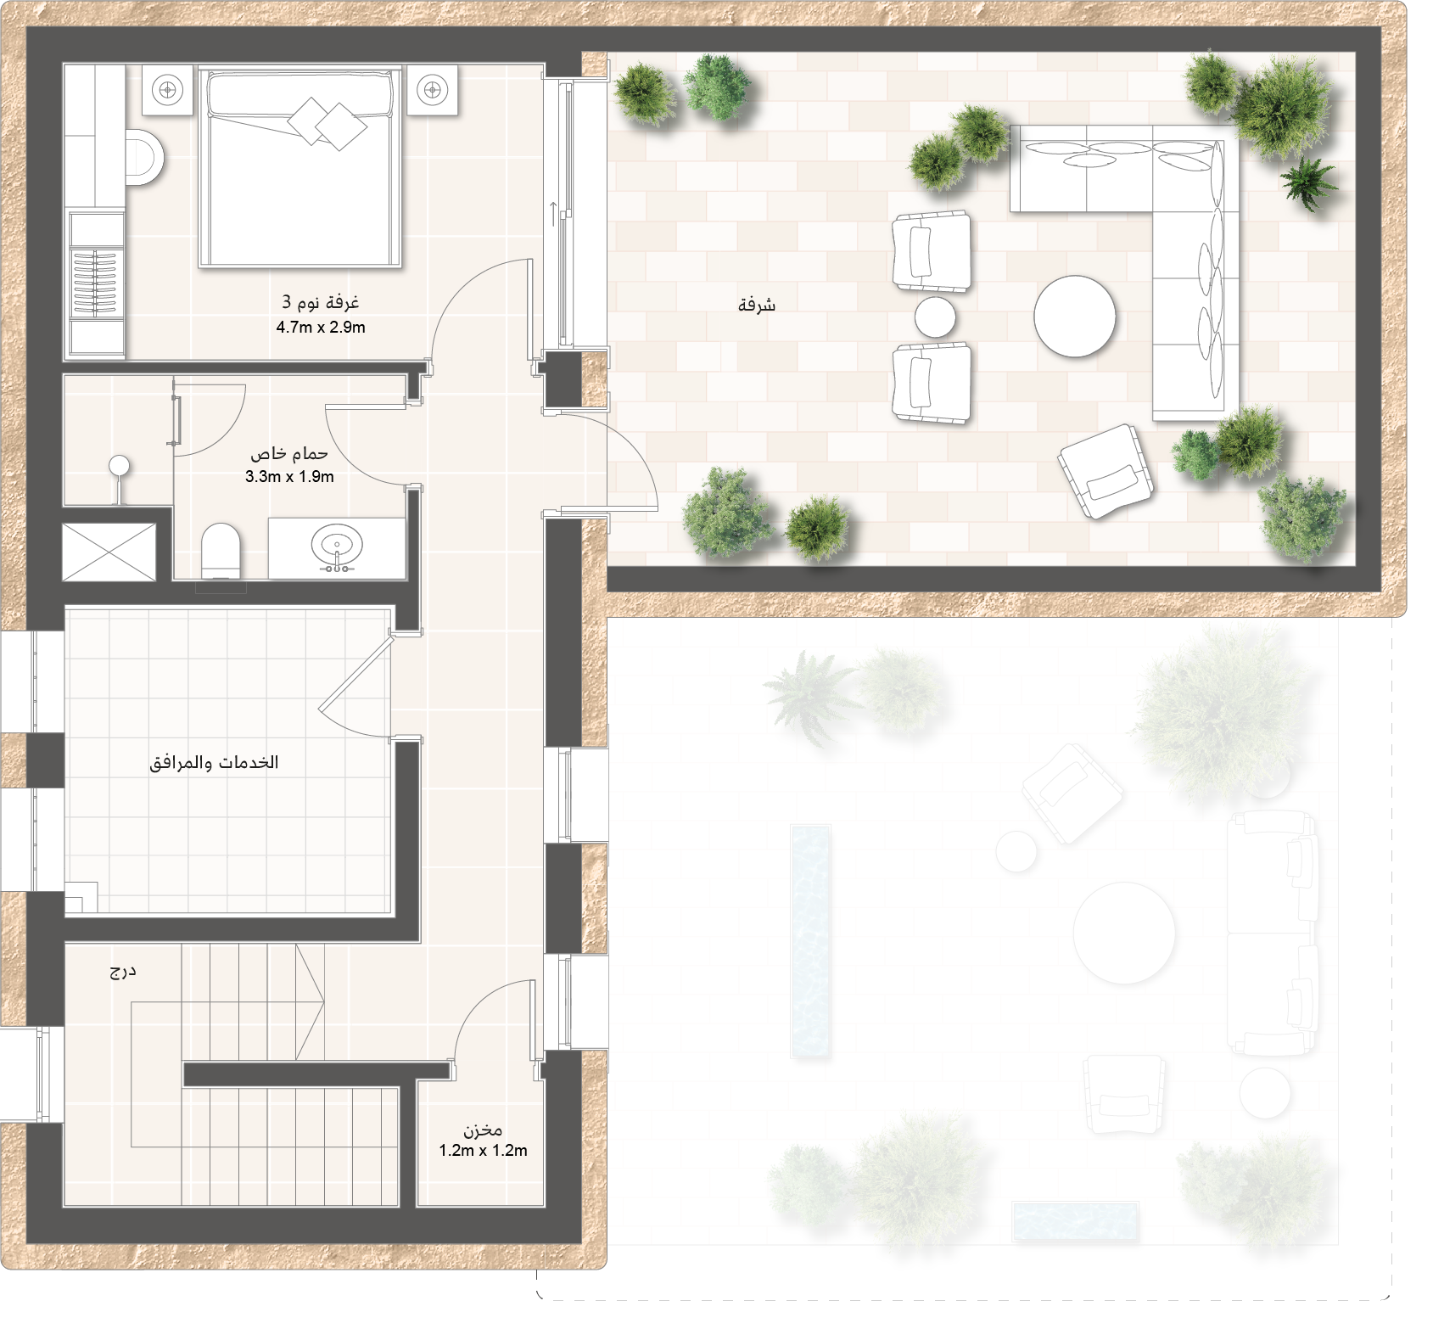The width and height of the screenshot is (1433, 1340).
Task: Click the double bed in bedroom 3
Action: (x=300, y=167)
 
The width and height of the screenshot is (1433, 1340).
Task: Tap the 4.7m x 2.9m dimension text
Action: (x=321, y=328)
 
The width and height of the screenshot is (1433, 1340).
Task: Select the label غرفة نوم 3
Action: (x=321, y=302)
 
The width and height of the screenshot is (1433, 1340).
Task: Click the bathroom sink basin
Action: (x=337, y=545)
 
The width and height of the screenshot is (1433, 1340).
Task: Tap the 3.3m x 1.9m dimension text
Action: (x=289, y=477)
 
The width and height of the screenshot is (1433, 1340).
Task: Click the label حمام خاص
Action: (x=289, y=453)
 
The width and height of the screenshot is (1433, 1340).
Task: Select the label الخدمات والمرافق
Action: (x=214, y=762)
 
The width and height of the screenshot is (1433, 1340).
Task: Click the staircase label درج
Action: (x=122, y=971)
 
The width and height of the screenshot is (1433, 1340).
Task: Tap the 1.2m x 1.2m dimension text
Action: (x=483, y=1151)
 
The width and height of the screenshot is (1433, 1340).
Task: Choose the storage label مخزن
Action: (x=483, y=1130)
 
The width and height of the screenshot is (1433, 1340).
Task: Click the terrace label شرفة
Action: (x=757, y=305)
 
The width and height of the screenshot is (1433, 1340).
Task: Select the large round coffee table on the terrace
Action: (x=1074, y=316)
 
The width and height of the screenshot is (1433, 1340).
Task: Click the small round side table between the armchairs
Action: (x=935, y=317)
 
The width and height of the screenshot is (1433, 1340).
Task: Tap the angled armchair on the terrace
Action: (x=1106, y=471)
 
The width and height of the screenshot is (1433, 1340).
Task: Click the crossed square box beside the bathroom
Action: (x=109, y=552)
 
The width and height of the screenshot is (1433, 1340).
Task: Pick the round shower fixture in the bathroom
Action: (x=120, y=465)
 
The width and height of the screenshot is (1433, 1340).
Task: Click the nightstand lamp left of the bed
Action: (x=168, y=89)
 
